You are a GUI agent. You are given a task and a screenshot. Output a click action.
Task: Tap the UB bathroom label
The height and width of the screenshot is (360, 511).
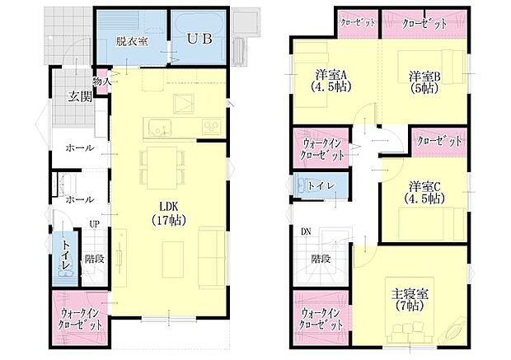pos(198,39)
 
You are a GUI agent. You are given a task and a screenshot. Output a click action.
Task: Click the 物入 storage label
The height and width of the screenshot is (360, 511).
pos(102,82)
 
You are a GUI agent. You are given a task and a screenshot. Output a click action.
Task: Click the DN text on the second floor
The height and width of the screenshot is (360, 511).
pos(306,231)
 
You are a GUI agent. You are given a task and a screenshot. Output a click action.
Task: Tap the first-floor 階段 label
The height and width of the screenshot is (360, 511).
pos(95,258)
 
